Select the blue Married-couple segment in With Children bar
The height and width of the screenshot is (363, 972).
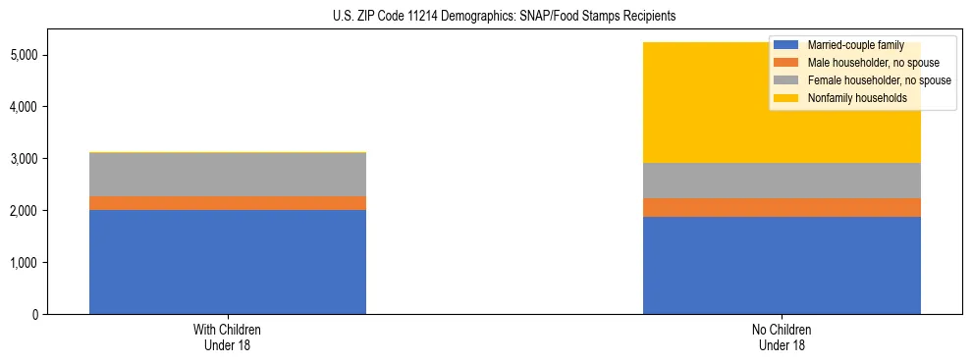228,262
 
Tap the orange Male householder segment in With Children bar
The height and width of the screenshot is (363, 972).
228,203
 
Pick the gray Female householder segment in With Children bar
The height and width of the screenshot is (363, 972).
228,175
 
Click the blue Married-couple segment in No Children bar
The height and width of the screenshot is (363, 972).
782,265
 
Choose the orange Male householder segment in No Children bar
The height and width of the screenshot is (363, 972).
782,207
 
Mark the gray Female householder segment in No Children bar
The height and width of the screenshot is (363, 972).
782,181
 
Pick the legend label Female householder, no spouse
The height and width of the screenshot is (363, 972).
878,80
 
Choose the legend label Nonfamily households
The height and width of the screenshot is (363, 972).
850,98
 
